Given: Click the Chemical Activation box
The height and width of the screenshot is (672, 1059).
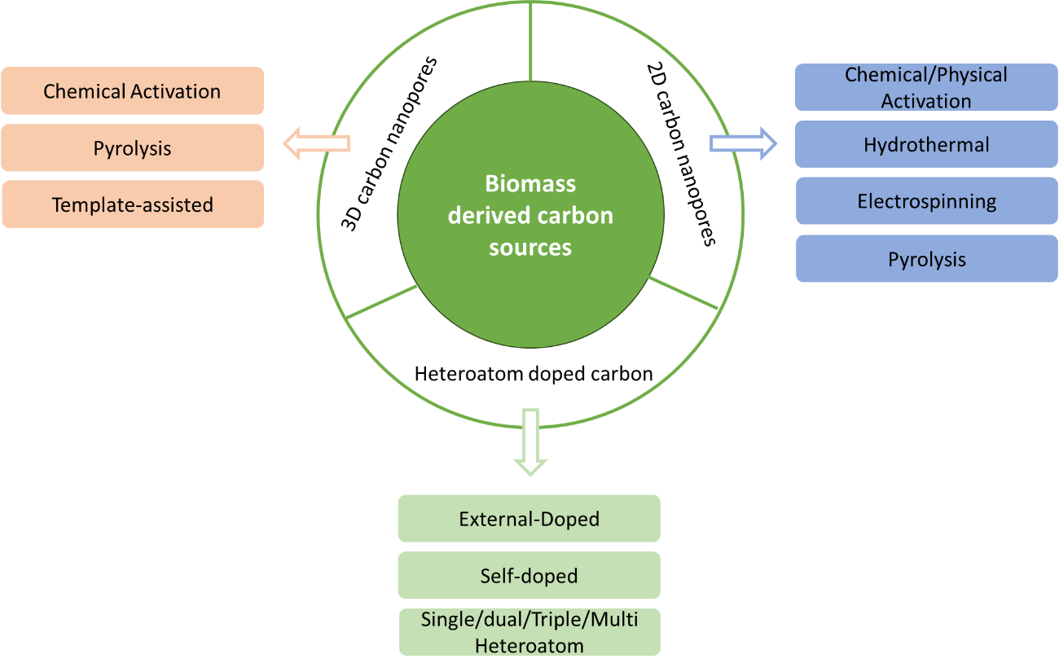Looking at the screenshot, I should pyautogui.click(x=133, y=90).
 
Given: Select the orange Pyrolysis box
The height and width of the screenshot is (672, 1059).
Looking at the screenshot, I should pyautogui.click(x=133, y=148).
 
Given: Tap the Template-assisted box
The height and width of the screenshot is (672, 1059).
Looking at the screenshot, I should pyautogui.click(x=133, y=204).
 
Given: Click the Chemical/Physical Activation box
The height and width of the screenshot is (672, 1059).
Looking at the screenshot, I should pyautogui.click(x=926, y=87).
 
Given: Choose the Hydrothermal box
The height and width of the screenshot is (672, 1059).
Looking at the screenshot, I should pyautogui.click(x=926, y=145).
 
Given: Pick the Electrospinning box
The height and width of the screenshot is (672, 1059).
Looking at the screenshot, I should pyautogui.click(x=926, y=201).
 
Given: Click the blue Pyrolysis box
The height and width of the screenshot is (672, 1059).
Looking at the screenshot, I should pyautogui.click(x=926, y=259).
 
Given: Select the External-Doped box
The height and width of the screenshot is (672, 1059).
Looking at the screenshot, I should pyautogui.click(x=529, y=519).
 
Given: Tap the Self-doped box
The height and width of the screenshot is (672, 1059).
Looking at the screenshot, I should pyautogui.click(x=529, y=576).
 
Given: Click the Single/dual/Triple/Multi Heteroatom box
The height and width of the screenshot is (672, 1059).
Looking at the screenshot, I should pyautogui.click(x=529, y=632).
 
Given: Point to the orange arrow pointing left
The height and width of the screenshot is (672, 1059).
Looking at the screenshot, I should pyautogui.click(x=316, y=144).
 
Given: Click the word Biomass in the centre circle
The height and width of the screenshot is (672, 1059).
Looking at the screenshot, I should pyautogui.click(x=530, y=184).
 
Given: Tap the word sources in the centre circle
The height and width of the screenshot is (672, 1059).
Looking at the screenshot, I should pyautogui.click(x=530, y=247).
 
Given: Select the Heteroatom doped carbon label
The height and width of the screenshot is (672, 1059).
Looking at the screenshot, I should pyautogui.click(x=534, y=374).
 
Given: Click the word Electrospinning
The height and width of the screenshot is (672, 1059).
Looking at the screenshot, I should pyautogui.click(x=926, y=201).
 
